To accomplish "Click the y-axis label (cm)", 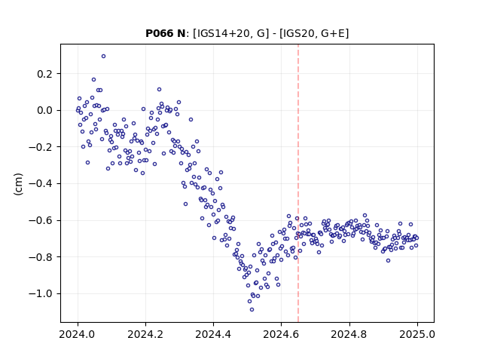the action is point(18,184).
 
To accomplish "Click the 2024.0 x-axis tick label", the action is point(78,334).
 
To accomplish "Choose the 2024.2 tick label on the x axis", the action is point(145,334).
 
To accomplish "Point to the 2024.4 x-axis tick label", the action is point(213,334).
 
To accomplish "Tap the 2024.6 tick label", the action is point(281,334).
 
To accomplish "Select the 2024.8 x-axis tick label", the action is point(349,334).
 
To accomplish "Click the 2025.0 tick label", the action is point(417,334).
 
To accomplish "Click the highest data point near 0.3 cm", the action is point(104,57).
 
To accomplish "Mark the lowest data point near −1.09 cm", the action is point(252,310).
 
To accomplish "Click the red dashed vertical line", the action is point(298,183).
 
